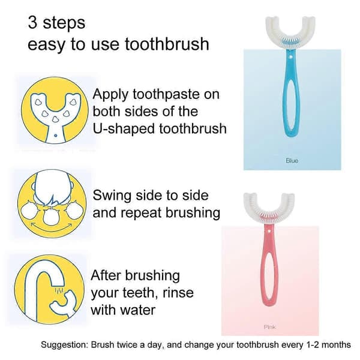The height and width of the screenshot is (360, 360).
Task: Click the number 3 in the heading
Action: tap(32, 23)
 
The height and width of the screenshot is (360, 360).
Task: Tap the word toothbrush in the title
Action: tap(167, 44)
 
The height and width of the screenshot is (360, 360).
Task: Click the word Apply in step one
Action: tap(110, 95)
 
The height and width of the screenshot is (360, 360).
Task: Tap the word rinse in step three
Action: tap(178, 293)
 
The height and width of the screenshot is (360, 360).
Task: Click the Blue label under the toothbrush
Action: tap(292, 161)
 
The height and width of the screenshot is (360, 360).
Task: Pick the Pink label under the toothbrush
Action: tap(270, 327)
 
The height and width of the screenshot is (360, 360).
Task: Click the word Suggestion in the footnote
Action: tap(65, 345)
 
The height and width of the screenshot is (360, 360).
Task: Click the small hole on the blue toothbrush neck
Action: tap(290, 56)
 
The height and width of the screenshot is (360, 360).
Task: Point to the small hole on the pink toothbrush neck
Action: tap(269, 231)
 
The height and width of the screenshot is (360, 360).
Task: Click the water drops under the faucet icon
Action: tap(59, 290)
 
